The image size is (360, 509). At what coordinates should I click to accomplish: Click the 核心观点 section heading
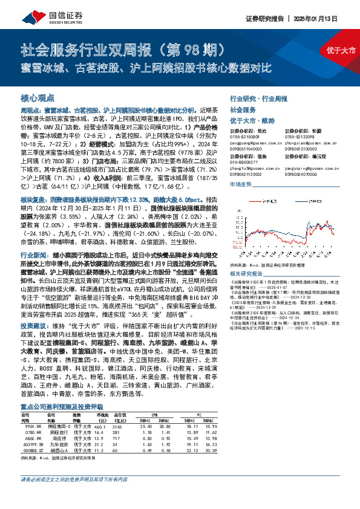[x=37, y=97]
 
